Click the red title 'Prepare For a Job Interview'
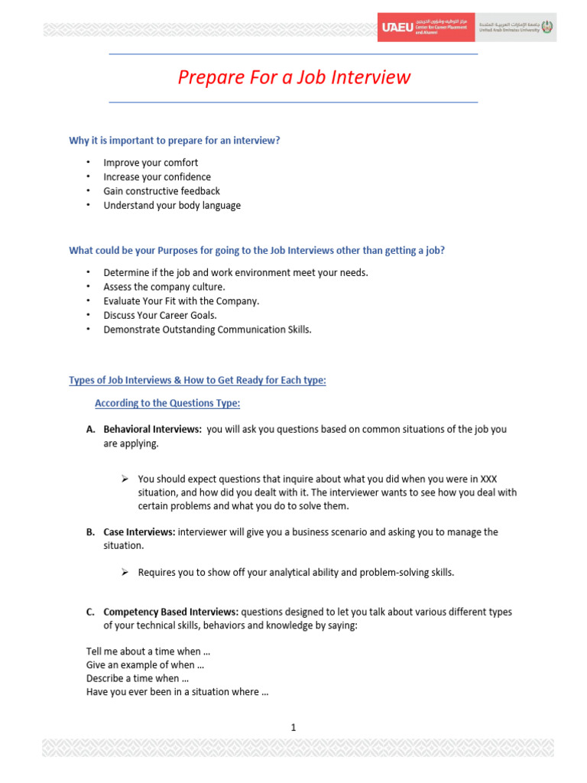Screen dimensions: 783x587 pos(294,77)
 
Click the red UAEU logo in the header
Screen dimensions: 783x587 pos(397,28)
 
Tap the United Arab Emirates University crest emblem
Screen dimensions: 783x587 pos(548,28)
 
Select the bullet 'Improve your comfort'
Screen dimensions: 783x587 pos(151,163)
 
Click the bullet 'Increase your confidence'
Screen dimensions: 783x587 pos(156,177)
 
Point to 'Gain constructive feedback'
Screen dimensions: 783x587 pos(161,191)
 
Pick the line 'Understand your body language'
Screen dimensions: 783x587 pos(172,205)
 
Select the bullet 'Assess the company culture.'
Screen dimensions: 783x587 pos(164,287)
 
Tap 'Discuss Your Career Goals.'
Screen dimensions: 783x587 pos(161,315)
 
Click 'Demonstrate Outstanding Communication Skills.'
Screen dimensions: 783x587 pos(208,330)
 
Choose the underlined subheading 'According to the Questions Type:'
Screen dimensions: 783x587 pos(167,403)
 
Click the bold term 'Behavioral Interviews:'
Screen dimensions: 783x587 pos(152,430)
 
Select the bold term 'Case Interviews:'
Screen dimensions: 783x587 pos(139,532)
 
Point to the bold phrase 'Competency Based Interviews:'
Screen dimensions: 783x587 pos(171,612)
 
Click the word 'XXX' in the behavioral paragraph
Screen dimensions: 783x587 pos(488,479)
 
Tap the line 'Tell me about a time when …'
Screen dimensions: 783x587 pos(144,651)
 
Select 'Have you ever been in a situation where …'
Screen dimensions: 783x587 pos(177,692)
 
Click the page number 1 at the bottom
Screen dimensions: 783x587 pos(293,727)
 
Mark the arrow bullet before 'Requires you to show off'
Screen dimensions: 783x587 pos(125,572)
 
